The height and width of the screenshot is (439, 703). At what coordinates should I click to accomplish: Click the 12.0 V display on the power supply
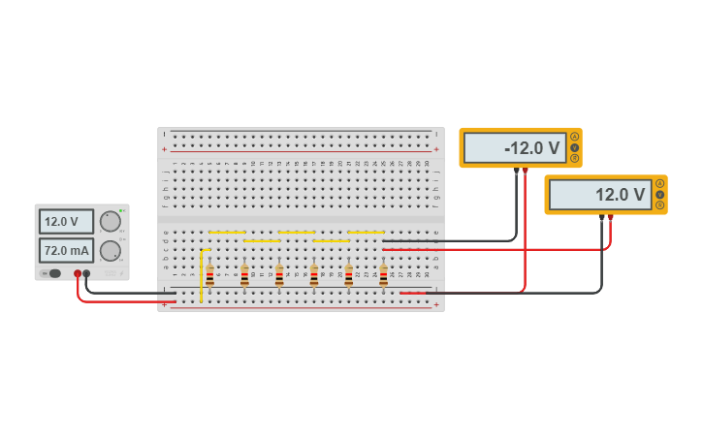[x=66, y=221]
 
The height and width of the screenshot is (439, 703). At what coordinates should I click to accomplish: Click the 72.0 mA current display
[x=66, y=251]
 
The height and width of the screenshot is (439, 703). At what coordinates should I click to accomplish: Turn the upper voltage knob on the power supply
[x=111, y=221]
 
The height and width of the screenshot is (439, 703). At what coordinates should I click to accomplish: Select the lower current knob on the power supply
[x=111, y=251]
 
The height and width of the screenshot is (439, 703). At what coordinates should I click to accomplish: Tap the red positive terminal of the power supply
[x=78, y=273]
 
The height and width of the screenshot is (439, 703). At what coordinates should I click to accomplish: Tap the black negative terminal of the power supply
[x=86, y=273]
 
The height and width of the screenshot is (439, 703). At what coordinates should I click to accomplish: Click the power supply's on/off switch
[x=53, y=273]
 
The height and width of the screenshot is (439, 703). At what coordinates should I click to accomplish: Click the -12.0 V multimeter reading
[x=515, y=148]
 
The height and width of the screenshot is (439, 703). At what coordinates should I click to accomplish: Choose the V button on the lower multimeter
[x=660, y=194]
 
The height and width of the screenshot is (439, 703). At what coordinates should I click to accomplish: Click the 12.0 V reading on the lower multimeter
[x=600, y=195]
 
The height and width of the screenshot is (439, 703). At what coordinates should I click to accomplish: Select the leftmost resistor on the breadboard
[x=209, y=276]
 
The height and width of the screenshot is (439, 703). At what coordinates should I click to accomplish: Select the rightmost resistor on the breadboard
[x=383, y=276]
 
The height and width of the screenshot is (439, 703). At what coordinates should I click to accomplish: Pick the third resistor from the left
[x=279, y=276]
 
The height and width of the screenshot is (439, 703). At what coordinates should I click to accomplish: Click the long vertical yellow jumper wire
[x=202, y=276]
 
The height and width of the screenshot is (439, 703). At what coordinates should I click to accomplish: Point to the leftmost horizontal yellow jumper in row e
[x=227, y=233]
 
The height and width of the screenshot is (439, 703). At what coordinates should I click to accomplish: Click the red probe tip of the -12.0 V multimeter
[x=526, y=172]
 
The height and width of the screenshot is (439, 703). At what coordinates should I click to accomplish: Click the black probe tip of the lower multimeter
[x=601, y=218]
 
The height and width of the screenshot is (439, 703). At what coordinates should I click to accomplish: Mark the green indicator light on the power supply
[x=121, y=210]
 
